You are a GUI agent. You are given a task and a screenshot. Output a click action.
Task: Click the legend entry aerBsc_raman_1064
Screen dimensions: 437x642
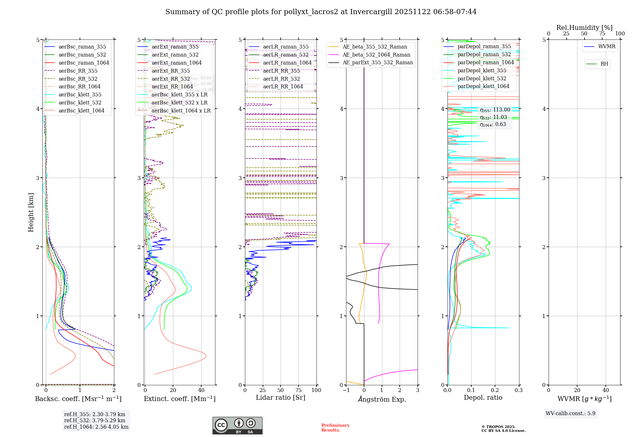click(x=83, y=63)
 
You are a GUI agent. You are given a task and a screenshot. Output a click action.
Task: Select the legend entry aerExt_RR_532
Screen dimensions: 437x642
click(x=170, y=79)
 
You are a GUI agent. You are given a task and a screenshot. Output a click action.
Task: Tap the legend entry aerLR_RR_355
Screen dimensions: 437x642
click(x=281, y=71)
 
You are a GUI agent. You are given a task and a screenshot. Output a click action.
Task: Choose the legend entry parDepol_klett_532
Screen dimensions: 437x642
click(x=481, y=78)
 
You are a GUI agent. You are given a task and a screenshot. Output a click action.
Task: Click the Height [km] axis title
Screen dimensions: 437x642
click(x=31, y=212)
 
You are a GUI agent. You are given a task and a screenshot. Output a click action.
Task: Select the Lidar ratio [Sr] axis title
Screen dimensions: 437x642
click(x=280, y=397)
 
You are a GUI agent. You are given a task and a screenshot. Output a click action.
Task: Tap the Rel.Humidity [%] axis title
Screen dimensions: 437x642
click(x=584, y=28)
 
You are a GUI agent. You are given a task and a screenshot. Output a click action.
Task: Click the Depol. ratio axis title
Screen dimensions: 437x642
click(x=483, y=397)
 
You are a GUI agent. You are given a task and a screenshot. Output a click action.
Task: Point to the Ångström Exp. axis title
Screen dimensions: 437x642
click(x=382, y=399)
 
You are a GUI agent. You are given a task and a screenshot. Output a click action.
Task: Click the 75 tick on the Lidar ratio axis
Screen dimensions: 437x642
click(x=299, y=390)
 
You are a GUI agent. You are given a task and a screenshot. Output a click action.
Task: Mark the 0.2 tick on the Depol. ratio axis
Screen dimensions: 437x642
click(x=495, y=390)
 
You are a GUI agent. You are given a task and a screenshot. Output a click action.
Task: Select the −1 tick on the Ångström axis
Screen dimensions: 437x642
click(x=346, y=390)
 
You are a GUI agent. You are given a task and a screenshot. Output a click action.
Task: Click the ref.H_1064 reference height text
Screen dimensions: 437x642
click(x=96, y=427)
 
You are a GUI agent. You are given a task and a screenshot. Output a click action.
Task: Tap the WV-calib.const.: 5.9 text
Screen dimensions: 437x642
click(x=570, y=413)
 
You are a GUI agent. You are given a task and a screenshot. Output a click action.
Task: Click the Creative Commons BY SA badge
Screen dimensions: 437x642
click(x=237, y=425)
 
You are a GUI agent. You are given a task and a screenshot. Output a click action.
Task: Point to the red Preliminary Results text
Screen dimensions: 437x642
click(x=335, y=427)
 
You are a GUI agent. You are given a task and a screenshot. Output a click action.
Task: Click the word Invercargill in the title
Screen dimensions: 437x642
click(x=371, y=12)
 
